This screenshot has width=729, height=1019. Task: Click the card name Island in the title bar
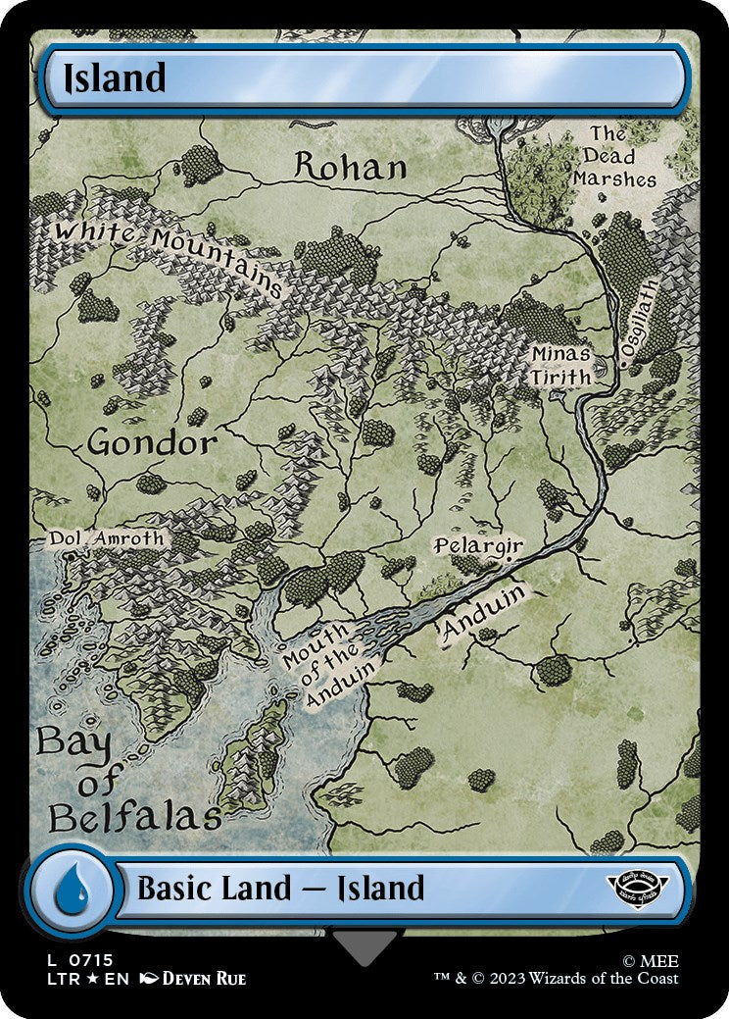point(114,78)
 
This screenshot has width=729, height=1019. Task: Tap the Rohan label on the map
point(350,167)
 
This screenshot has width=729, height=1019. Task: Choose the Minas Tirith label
point(561,365)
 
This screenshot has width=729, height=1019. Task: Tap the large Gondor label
point(152,443)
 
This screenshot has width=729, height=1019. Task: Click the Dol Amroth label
point(107,538)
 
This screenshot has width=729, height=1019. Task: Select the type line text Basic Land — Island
point(280,889)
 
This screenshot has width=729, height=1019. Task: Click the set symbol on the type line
point(637,886)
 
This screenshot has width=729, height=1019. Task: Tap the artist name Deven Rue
point(204,979)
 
